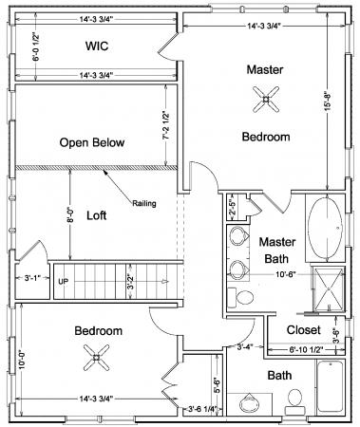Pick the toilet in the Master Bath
(x=243, y=298)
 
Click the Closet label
(x=304, y=330)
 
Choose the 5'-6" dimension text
(x=218, y=385)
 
